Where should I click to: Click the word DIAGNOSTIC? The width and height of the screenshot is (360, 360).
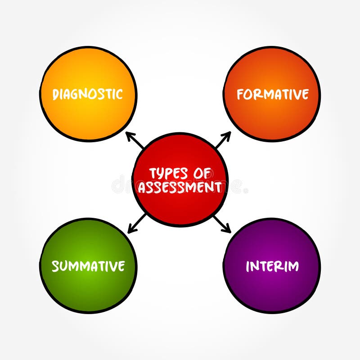coord(88,94)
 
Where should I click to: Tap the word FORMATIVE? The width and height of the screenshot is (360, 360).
coord(273,94)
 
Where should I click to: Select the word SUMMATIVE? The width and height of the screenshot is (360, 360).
coord(88,266)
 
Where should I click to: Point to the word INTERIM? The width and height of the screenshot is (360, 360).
coord(272,266)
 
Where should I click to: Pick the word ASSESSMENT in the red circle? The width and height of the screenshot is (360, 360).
coord(180,187)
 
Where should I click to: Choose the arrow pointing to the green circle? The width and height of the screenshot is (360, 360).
coord(137,223)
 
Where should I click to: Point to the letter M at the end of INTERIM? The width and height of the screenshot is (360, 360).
coord(293,266)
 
